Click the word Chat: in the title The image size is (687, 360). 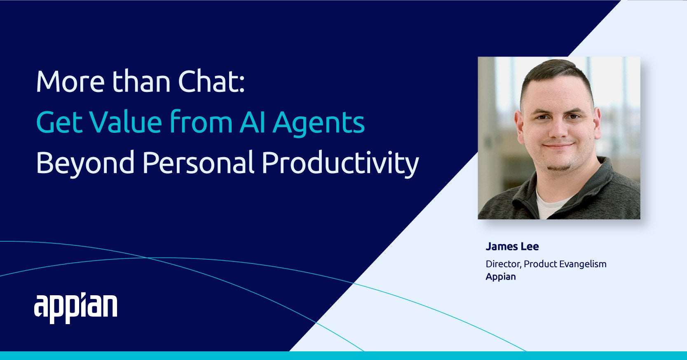point(211,81)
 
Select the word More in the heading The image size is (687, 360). point(70,82)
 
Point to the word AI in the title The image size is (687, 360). point(252,122)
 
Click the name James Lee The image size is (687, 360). point(512,247)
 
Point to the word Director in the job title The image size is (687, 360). point(503,264)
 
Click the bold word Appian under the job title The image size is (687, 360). point(501,277)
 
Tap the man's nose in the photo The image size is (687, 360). point(558,130)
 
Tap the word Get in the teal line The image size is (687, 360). point(59,122)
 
